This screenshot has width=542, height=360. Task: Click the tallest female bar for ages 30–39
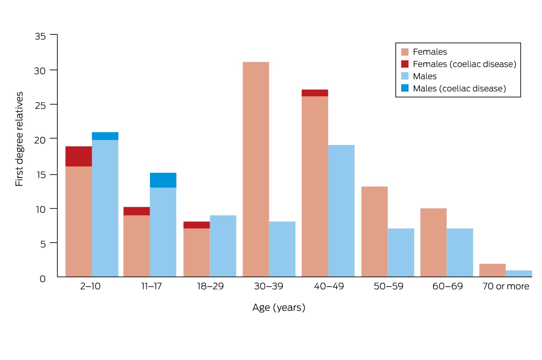tap(256, 169)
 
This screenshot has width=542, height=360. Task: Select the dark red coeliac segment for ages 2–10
tap(79, 156)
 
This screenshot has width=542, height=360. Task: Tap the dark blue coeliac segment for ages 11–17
tap(163, 180)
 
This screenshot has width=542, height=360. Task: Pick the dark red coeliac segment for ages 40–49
tap(315, 93)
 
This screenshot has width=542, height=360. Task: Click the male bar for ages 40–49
tap(341, 211)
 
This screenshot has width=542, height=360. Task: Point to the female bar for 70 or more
tap(492, 270)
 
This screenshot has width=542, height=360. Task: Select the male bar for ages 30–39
tap(282, 249)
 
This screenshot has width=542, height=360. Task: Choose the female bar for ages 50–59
tap(374, 232)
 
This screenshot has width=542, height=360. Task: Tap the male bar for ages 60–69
tap(460, 252)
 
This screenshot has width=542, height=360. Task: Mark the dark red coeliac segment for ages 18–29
tap(196, 225)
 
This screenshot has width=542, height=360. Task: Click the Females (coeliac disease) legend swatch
tap(405, 64)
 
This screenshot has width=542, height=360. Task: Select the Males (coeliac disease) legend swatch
tap(405, 88)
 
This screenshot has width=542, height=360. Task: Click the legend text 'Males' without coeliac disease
tap(425, 76)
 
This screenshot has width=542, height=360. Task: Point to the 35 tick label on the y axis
tap(40, 36)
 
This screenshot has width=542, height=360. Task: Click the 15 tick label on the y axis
tap(41, 175)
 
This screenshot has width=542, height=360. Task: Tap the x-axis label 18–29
tap(210, 286)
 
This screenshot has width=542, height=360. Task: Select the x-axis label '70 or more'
tap(506, 286)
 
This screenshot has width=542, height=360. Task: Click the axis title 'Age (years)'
tap(279, 308)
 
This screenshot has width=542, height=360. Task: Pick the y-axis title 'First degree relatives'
tap(19, 139)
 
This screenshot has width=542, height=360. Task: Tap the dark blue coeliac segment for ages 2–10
tap(105, 136)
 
